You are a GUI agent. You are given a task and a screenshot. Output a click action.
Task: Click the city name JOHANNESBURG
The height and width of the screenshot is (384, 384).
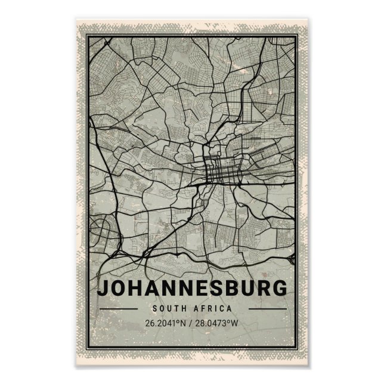pos(191,289)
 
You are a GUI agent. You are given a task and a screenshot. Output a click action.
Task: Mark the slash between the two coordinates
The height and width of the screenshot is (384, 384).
pos(192,323)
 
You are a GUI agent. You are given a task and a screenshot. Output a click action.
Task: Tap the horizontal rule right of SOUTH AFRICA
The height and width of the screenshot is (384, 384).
pos(267,309)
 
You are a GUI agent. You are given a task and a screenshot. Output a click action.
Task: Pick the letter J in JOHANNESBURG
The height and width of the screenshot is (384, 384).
pos(104,289)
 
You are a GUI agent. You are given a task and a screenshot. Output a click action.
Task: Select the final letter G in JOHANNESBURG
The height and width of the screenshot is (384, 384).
pos(278,289)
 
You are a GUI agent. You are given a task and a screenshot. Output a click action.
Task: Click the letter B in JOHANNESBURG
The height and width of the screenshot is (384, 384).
pos(231,289)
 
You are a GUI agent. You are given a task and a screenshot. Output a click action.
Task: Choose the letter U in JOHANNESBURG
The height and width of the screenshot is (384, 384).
pos(246,289)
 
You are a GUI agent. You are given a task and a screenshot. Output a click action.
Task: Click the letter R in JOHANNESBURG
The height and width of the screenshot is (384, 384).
pos(262,289)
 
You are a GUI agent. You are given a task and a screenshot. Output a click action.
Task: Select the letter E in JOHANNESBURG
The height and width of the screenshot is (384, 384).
pos(200,289)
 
